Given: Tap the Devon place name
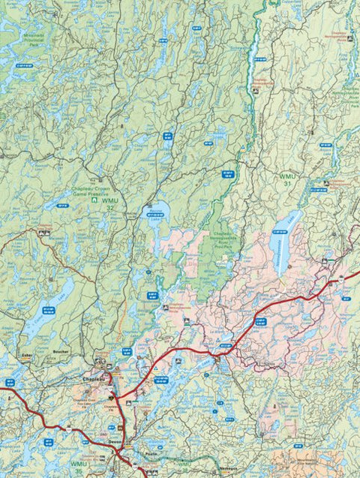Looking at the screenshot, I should click(x=114, y=443).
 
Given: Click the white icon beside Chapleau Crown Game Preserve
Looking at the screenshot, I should click(x=94, y=201).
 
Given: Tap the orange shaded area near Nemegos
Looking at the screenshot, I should click(x=300, y=461).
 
